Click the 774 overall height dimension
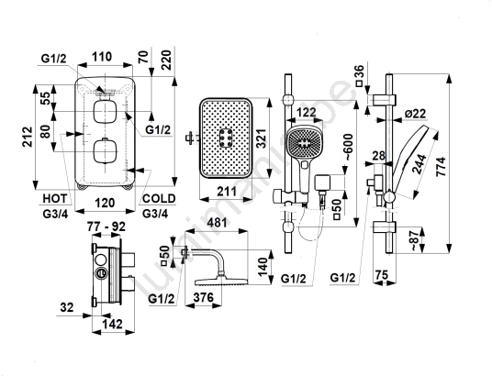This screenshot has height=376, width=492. click(x=441, y=166)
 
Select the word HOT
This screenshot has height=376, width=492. click(x=55, y=198)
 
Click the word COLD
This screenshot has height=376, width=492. click(x=159, y=198)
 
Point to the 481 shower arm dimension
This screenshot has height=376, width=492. click(x=218, y=223)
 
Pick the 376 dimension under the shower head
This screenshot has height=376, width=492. click(x=204, y=297)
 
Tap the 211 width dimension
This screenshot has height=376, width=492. click(x=227, y=191)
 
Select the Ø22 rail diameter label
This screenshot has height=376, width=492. click(x=416, y=114)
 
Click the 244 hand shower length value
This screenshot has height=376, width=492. click(x=419, y=164)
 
